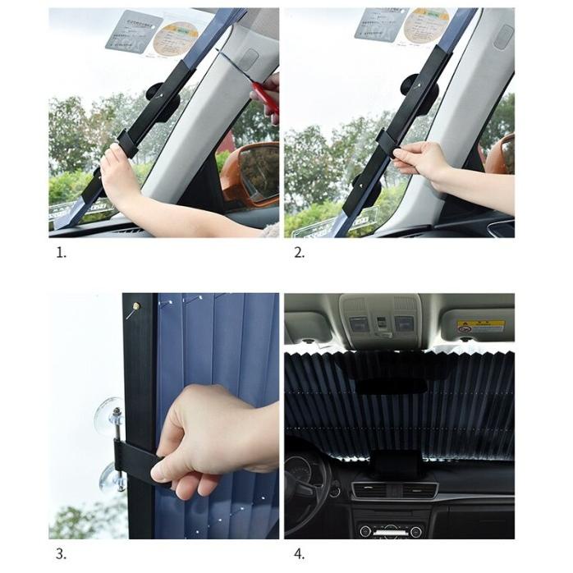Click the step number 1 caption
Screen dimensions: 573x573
coord(60,252)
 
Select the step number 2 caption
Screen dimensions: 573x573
coord(299,252)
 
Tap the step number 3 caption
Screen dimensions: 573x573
coord(60,553)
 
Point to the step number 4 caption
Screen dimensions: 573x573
coord(299,553)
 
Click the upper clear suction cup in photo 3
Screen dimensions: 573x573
coord(109,417)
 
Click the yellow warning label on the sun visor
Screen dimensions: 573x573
coord(480,327)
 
